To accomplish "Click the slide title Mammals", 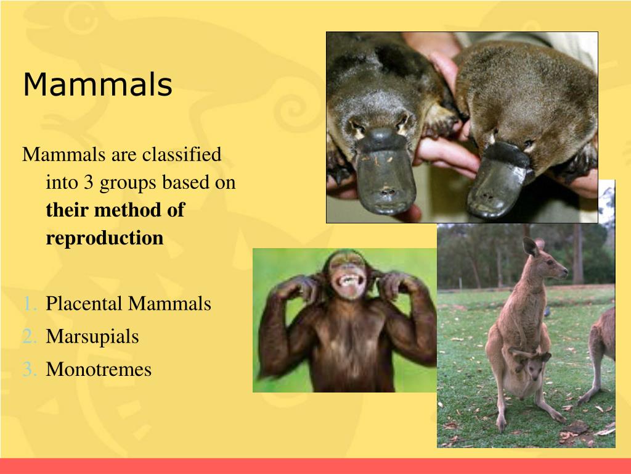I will coord(97,85).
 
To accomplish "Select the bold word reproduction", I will coord(105,238).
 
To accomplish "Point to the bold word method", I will coord(129,210).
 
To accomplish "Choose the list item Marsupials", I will coord(92,337).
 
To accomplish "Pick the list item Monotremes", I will coord(99,370).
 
